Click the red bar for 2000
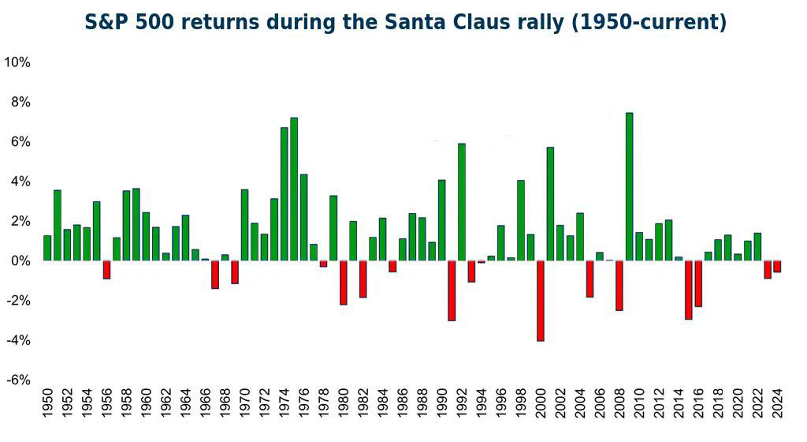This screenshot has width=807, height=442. tap(541, 301)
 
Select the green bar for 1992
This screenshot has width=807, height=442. tap(462, 202)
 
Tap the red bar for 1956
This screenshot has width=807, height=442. tap(106, 269)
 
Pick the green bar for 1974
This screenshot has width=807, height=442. tap(284, 193)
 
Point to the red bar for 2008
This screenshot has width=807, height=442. tap(619, 285)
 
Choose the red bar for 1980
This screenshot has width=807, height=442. tap(344, 282)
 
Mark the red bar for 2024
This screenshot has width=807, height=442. tap(777, 266)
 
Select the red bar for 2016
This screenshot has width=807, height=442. tap(698, 283)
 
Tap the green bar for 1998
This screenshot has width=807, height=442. tap(521, 220)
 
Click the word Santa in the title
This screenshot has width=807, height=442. tap(452, 22)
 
